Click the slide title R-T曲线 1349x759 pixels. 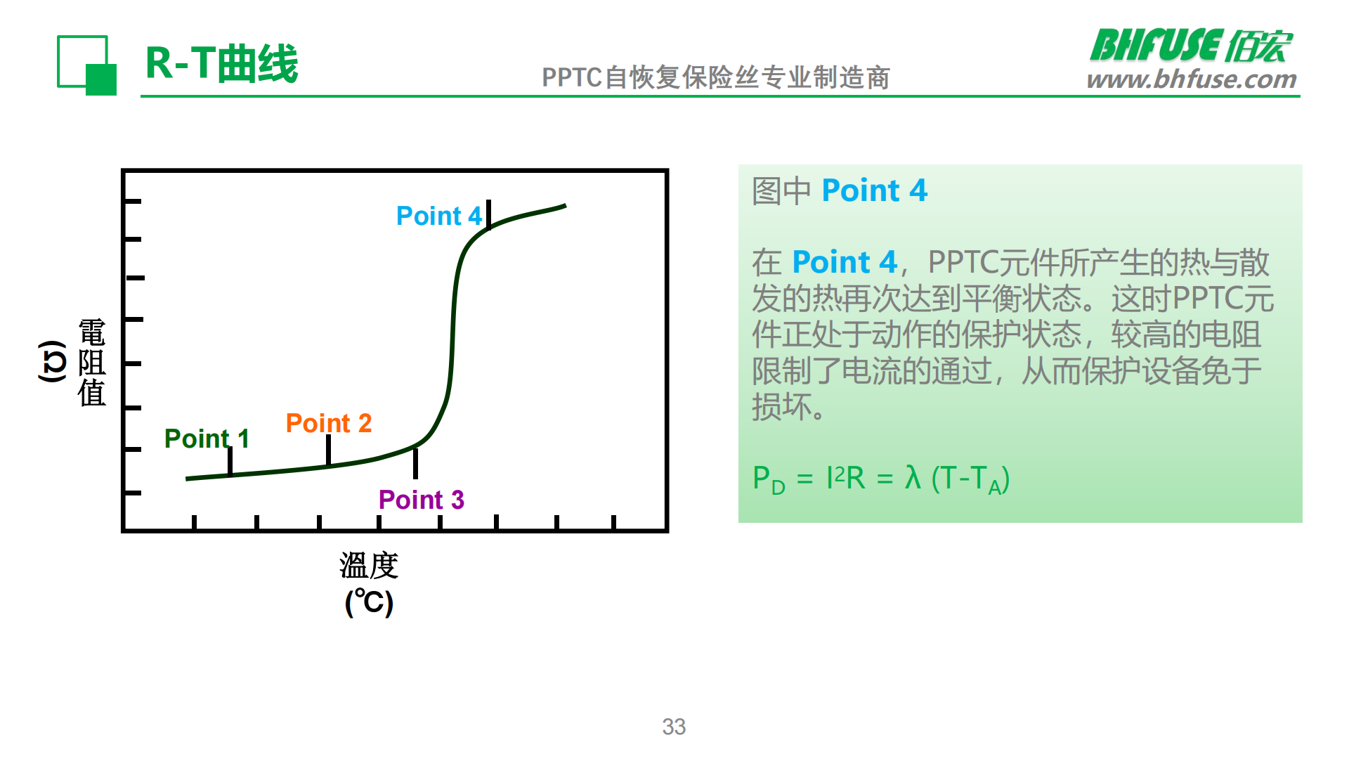[x=221, y=63]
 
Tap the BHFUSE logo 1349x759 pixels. [x=1191, y=46]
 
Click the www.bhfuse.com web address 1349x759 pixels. [x=1192, y=79]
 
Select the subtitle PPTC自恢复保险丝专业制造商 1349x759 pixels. [x=715, y=77]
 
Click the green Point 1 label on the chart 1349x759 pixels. [x=207, y=439]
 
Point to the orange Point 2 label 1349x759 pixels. [x=328, y=423]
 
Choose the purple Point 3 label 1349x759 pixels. [x=421, y=500]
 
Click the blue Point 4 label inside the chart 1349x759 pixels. [x=439, y=216]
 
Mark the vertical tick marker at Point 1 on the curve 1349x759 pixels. [x=230, y=460]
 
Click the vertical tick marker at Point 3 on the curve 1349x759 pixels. [x=415, y=463]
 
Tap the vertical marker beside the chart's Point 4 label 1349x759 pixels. [x=488, y=214]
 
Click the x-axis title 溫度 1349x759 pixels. [x=369, y=565]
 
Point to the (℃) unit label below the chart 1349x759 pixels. [x=369, y=602]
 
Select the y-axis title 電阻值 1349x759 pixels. [x=91, y=363]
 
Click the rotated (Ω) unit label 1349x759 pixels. [x=52, y=361]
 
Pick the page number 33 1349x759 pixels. [x=674, y=727]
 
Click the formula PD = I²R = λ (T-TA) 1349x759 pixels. [x=880, y=479]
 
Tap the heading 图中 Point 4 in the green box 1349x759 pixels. [x=840, y=190]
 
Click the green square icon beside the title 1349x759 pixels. [x=86, y=65]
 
